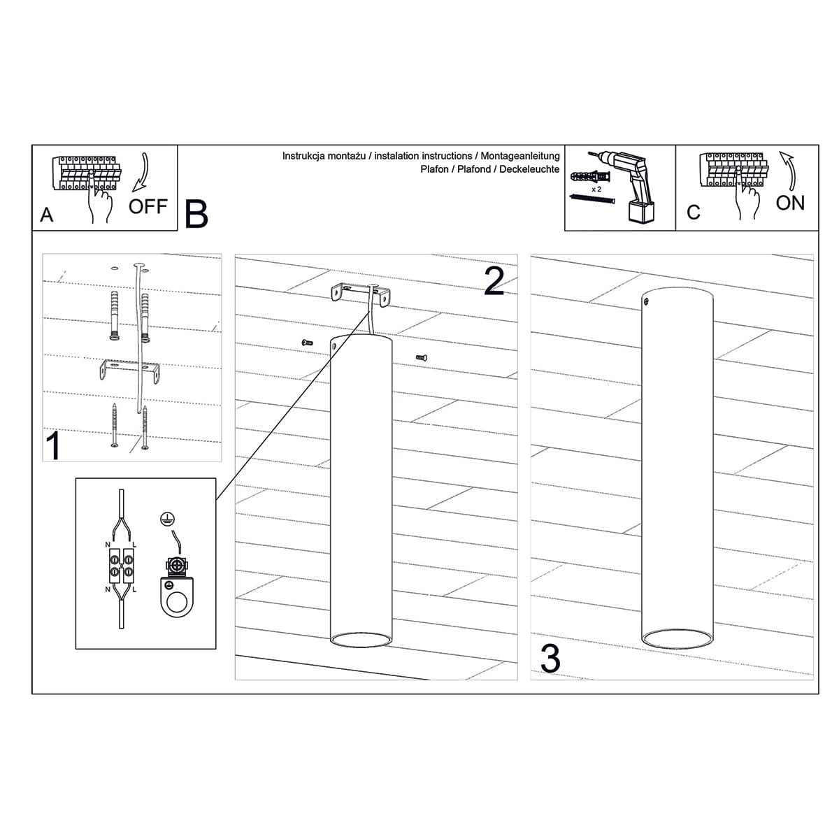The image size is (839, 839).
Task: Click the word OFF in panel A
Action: click(x=148, y=206)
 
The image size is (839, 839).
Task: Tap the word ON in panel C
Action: click(x=790, y=203)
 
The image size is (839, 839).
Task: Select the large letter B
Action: click(x=196, y=214)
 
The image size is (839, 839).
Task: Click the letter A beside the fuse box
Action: click(x=47, y=215)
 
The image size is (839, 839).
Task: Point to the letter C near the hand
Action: click(x=693, y=213)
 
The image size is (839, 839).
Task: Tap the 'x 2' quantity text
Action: click(x=596, y=189)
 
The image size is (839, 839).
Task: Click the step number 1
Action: click(x=53, y=445)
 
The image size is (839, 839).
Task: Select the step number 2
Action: click(x=494, y=281)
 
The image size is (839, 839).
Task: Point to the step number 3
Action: click(x=550, y=659)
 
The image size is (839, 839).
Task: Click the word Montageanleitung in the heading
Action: click(x=520, y=156)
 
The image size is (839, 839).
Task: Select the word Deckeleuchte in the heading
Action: click(x=529, y=169)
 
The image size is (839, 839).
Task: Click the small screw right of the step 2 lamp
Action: click(x=421, y=357)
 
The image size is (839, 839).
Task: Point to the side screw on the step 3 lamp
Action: click(x=647, y=301)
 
